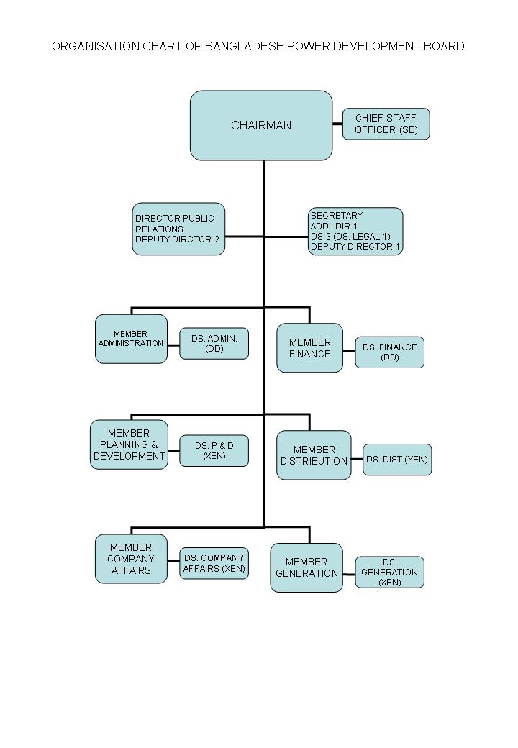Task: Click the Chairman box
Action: (x=261, y=125)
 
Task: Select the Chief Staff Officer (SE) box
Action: (x=386, y=124)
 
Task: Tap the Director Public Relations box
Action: (x=178, y=229)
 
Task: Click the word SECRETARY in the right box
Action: (x=337, y=216)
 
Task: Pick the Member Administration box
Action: (x=131, y=339)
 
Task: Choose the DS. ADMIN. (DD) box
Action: (x=214, y=343)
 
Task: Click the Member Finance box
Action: (x=309, y=348)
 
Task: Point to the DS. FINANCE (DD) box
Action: (x=389, y=352)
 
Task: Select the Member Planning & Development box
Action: (x=129, y=444)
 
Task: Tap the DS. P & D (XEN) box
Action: (x=214, y=451)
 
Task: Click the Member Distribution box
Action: (x=314, y=455)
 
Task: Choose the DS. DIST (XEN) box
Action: (x=397, y=460)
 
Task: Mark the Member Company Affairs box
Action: (x=131, y=559)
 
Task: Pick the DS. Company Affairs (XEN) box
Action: (x=214, y=563)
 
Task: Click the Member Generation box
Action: (x=306, y=567)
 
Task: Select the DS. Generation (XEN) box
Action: (x=389, y=573)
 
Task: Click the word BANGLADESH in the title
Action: (x=244, y=47)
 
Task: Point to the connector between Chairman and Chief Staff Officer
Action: (x=337, y=124)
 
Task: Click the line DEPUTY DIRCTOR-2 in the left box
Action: (x=177, y=240)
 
